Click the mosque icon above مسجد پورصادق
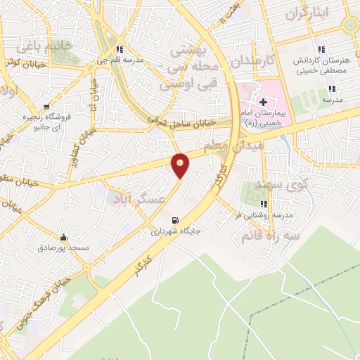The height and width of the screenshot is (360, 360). pos(65,237)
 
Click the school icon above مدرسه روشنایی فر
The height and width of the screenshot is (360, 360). pos(266,205)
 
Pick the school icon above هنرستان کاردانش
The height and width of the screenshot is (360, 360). pos(320,49)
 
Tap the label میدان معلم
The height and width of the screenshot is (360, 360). pos(233,146)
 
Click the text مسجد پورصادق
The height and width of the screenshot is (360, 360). pos(65,248)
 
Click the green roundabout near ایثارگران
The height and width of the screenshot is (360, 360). pos(349,24)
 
